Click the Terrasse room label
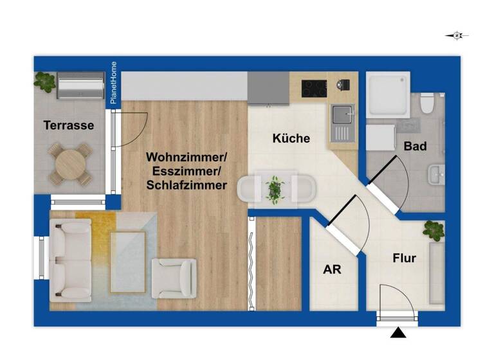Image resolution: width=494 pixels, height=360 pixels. coord(69,125)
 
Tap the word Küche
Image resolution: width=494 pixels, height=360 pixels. coord(291,138)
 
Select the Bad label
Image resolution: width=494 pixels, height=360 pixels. coord(415,146)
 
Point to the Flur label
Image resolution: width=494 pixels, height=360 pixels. coord(405,258)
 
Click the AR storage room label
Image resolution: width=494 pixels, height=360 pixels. coord(332,269)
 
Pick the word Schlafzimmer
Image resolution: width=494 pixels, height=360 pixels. coord(187,185)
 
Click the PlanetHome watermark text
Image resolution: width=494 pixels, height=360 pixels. coord(113,84)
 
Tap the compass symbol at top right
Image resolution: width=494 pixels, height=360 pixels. coord(457,36)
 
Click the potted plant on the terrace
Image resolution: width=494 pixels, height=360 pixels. coord(44,82)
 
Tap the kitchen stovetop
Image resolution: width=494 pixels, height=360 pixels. coord(315,87)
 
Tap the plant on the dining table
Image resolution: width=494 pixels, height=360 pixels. coord(275,190)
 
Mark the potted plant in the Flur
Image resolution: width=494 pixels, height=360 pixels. coord(433,230)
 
